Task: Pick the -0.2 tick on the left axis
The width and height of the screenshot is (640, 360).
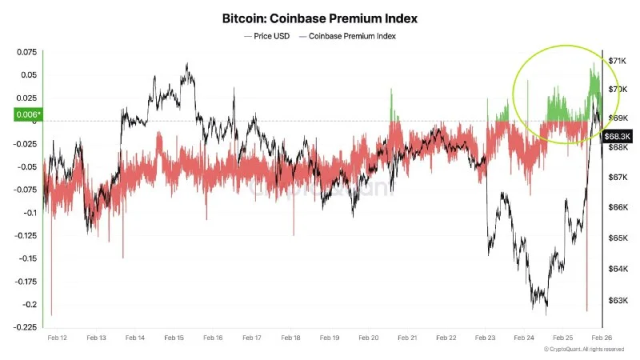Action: pyautogui.click(x=28, y=304)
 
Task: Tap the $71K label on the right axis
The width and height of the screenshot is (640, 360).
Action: pyautogui.click(x=617, y=61)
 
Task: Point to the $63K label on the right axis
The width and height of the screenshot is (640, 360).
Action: pyautogui.click(x=617, y=301)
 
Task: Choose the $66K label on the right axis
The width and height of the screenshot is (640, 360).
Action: pyautogui.click(x=617, y=207)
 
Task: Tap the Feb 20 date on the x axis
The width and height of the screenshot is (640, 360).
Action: pyautogui.click(x=368, y=338)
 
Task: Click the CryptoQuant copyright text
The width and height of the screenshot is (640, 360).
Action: pyautogui.click(x=584, y=349)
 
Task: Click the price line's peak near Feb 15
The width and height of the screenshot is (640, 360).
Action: pyautogui.click(x=187, y=66)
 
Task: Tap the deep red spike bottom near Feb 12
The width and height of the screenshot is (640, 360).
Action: pyautogui.click(x=51, y=314)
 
